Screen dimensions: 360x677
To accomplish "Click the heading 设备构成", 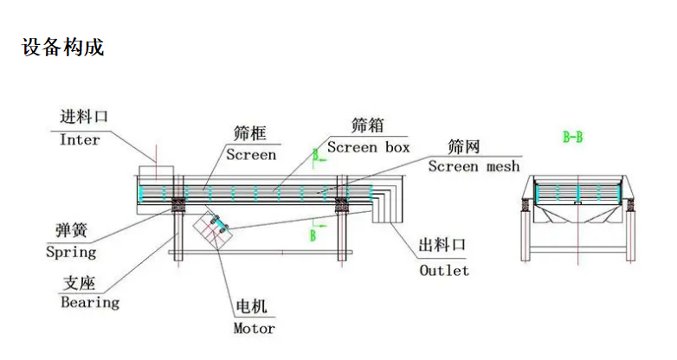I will pos(63,48).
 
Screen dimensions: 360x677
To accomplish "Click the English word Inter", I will pos(80,140).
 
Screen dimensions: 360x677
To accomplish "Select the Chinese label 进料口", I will pos(84,117).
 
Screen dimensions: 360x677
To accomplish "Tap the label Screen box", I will pos(368,147).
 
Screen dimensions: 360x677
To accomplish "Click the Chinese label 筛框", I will pos(249,133).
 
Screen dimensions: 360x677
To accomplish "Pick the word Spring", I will pos(71,253).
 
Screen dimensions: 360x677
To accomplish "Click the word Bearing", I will pos(90,303).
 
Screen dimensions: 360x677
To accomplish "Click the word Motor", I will pos(254,329).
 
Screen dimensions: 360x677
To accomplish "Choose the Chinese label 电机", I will pos(252,307).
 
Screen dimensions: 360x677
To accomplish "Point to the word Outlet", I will pos(444,271).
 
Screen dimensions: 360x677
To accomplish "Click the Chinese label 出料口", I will pos(442,246).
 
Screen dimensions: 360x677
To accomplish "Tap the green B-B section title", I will pos(572,137).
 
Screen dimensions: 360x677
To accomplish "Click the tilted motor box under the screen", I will pos(211,228).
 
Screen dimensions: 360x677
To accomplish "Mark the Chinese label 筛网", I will pos(464,145).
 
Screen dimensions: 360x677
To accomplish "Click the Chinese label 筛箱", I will pos(367,126).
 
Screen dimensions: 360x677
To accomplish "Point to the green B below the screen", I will pos(313,235).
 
